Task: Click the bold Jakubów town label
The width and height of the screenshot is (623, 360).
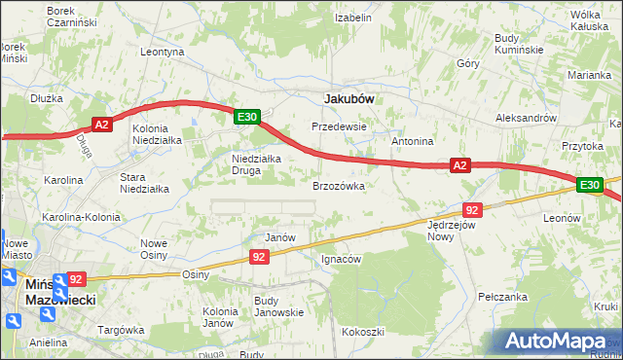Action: coord(349,98)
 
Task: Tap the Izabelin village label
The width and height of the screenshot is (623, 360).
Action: coord(353,18)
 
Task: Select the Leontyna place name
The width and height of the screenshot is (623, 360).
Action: coord(162,52)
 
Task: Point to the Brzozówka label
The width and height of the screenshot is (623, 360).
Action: coord(338,185)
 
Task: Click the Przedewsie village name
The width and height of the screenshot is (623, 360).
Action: coord(338,126)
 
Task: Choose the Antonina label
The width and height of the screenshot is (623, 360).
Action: coord(412,141)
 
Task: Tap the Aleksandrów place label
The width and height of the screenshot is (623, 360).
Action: coord(525,117)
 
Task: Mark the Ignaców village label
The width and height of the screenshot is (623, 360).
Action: coord(342,259)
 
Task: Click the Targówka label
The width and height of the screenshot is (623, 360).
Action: coord(121,330)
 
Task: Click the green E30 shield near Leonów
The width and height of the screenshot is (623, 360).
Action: coord(589,184)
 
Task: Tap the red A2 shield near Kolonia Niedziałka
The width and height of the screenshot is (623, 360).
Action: coord(103,124)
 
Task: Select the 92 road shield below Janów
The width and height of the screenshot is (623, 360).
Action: coord(258,256)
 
